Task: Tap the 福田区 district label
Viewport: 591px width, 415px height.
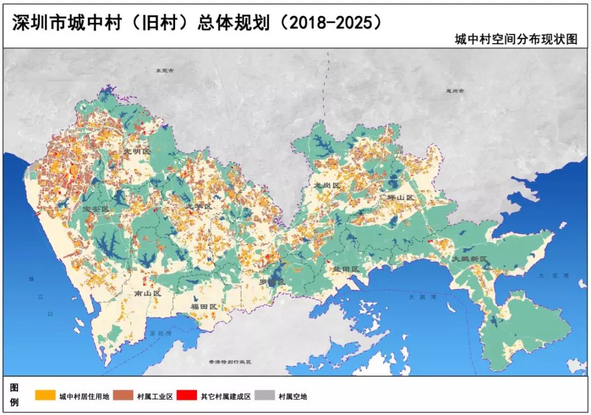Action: click(x=204, y=307)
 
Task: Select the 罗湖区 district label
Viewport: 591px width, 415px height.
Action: click(x=272, y=282)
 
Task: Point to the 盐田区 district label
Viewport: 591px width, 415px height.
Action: click(x=345, y=269)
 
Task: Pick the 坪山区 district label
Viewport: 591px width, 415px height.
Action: click(x=398, y=197)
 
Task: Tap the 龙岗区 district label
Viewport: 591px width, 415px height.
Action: click(x=327, y=186)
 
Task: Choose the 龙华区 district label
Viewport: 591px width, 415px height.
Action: click(x=199, y=206)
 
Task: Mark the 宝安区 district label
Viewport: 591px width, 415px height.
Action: click(x=97, y=209)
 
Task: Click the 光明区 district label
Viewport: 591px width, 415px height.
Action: click(x=136, y=151)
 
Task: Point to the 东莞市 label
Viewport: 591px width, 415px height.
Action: click(x=164, y=71)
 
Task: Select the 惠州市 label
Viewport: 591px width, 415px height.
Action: click(x=455, y=91)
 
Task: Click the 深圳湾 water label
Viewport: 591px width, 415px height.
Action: click(x=161, y=333)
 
